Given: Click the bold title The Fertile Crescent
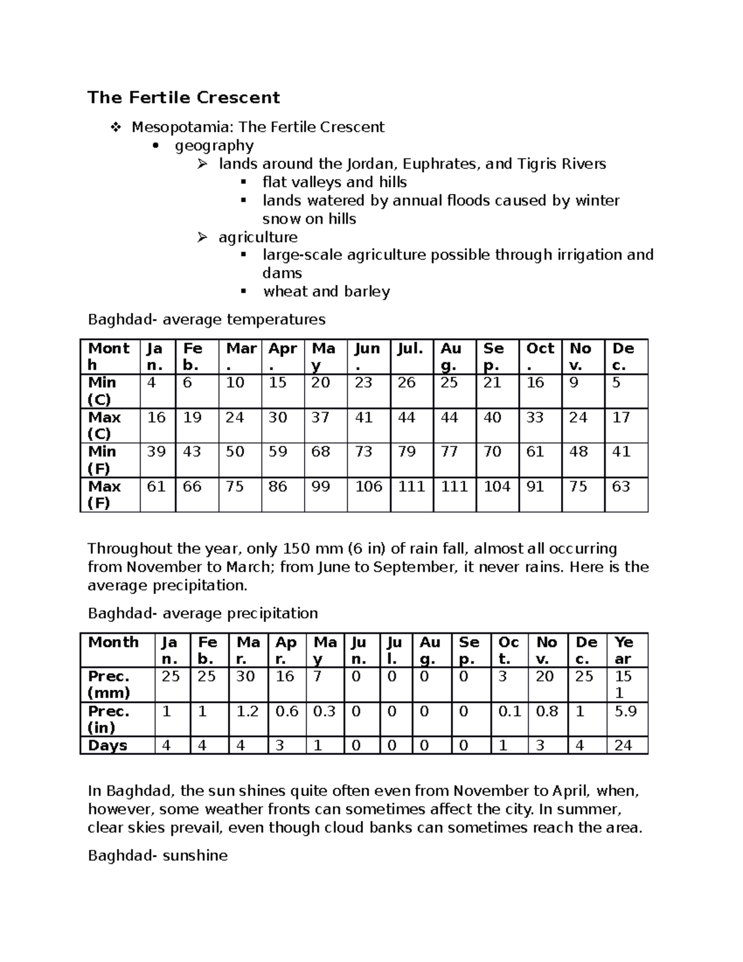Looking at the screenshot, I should [x=183, y=98].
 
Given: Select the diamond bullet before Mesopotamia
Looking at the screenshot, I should [x=116, y=128].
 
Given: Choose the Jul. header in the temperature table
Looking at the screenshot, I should [x=411, y=349].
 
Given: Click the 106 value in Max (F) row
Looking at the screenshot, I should [x=368, y=487].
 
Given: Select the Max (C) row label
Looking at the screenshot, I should [x=105, y=425].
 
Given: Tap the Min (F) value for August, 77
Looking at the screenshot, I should [x=449, y=452].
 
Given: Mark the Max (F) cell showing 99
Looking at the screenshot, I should [x=321, y=487].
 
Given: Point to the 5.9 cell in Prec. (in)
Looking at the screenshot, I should [x=625, y=712].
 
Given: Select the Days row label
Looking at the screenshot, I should [x=108, y=746].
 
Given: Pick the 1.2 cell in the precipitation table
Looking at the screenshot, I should [x=247, y=712].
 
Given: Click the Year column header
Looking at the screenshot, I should [x=624, y=650].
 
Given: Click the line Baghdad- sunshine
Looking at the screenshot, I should [x=158, y=856].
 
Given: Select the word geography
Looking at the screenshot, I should [x=214, y=146].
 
